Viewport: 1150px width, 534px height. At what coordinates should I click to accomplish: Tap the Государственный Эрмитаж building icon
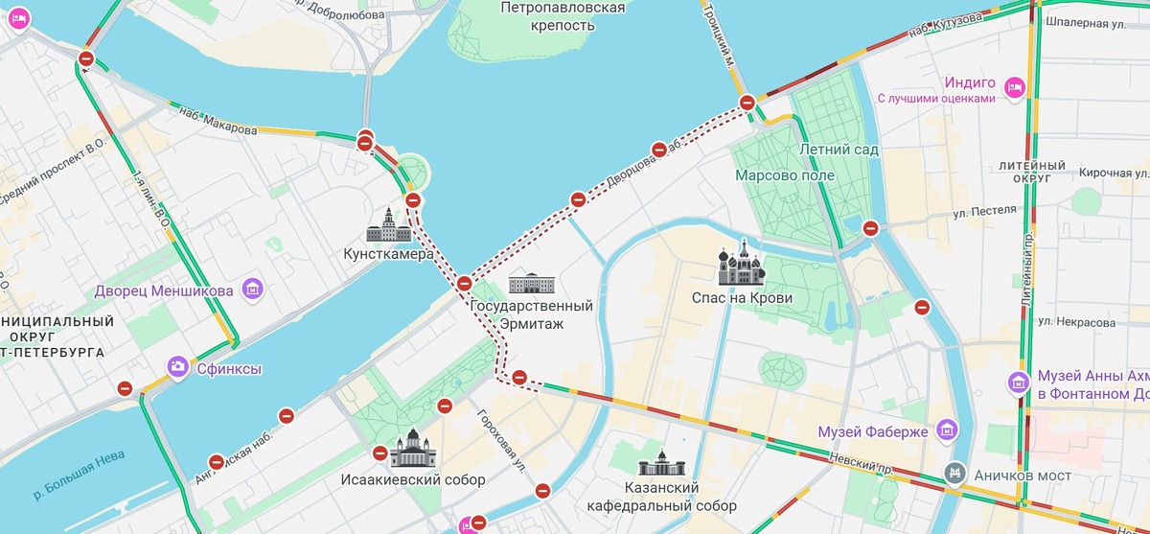pyautogui.click(x=531, y=283)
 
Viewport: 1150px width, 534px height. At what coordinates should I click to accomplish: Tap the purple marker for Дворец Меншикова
pyautogui.click(x=253, y=289)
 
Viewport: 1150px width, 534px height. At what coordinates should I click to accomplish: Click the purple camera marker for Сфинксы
pyautogui.click(x=177, y=366)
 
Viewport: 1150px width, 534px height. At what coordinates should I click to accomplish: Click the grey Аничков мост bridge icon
pyautogui.click(x=954, y=473)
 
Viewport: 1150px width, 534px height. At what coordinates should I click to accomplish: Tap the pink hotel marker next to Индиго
pyautogui.click(x=1016, y=88)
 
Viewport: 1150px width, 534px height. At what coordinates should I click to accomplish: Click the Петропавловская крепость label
pyautogui.click(x=563, y=16)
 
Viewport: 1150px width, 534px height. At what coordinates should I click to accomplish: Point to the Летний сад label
pyautogui.click(x=839, y=150)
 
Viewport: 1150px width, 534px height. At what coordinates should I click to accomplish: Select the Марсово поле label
pyautogui.click(x=784, y=175)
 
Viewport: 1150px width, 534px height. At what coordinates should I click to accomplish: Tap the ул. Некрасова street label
pyautogui.click(x=1076, y=323)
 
